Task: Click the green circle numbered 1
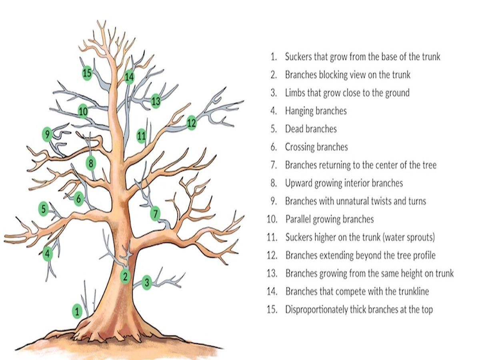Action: pyautogui.click(x=77, y=311)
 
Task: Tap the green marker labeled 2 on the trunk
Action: pyautogui.click(x=126, y=276)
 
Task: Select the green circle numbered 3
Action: pyautogui.click(x=147, y=283)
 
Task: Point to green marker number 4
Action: pyautogui.click(x=48, y=254)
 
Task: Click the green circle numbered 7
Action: pyautogui.click(x=155, y=214)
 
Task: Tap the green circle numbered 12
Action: pyautogui.click(x=192, y=123)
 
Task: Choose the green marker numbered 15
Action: pyautogui.click(x=87, y=73)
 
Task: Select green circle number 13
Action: pyautogui.click(x=156, y=101)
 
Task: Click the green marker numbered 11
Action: pyautogui.click(x=141, y=136)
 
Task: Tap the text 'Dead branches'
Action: pyautogui.click(x=310, y=129)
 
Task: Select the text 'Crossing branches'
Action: pyautogui.click(x=316, y=147)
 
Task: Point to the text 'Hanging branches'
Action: pyautogui.click(x=316, y=111)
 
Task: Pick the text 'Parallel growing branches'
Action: pyautogui.click(x=329, y=219)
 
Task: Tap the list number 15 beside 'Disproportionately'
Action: pyautogui.click(x=272, y=310)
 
